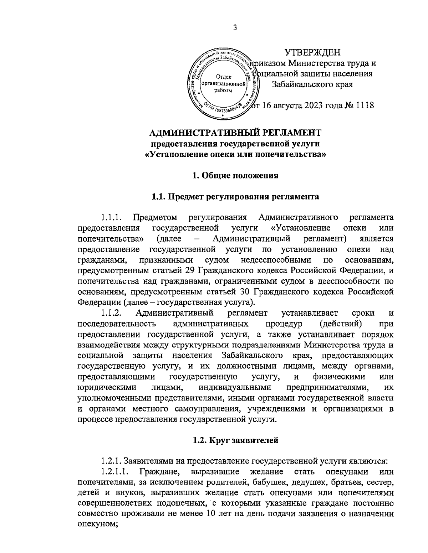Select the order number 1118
point(362,105)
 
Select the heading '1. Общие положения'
point(235,175)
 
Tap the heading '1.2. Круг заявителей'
point(235,440)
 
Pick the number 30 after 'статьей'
point(241,292)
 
